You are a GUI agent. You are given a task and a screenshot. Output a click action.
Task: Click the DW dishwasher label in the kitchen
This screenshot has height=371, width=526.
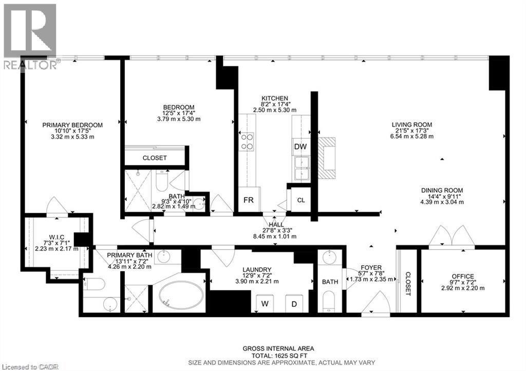pos(300,146)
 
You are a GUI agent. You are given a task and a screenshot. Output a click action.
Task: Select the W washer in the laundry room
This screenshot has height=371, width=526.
pos(265,303)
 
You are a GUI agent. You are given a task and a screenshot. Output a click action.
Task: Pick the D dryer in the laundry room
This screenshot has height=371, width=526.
pos(294,303)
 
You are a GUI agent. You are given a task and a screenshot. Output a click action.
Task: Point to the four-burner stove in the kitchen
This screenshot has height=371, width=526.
pos(247,141)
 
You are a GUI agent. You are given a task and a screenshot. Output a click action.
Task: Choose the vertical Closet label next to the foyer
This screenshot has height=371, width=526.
pos(408,283)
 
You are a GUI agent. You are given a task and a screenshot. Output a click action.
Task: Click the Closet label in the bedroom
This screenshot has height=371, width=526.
pos(155,158)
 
